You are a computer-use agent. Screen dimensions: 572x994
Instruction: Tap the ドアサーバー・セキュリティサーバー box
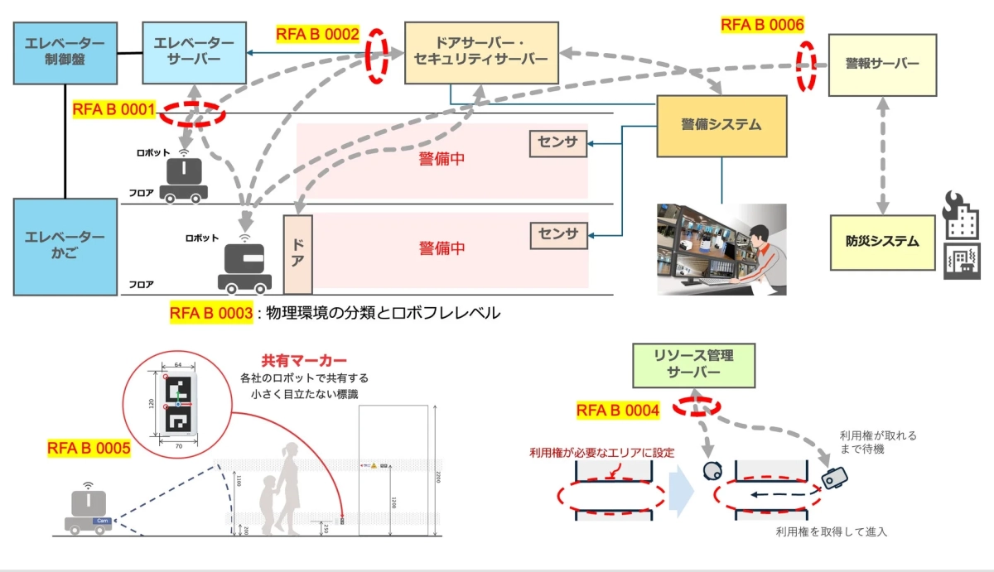point(480,53)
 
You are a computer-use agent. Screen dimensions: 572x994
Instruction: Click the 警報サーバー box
point(882,64)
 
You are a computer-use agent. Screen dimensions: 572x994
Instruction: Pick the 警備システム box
point(721,126)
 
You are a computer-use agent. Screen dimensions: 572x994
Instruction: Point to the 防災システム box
point(882,242)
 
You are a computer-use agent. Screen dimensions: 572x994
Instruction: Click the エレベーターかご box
point(65,247)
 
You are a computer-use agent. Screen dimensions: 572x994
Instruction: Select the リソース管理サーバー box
point(694,365)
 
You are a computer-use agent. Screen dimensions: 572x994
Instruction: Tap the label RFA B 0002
point(318,35)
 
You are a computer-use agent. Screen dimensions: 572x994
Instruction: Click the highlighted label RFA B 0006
point(762,25)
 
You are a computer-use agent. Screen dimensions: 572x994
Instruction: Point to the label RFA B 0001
point(113,109)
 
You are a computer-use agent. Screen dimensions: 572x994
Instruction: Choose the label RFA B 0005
point(89,449)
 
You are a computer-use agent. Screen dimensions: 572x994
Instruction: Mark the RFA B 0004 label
point(618,411)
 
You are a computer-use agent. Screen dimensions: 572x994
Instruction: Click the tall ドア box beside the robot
point(298,255)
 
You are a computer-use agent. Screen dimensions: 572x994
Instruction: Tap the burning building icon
point(961,216)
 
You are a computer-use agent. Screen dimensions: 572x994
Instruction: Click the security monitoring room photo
point(721,249)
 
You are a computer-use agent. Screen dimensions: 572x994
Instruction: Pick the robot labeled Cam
point(89,510)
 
